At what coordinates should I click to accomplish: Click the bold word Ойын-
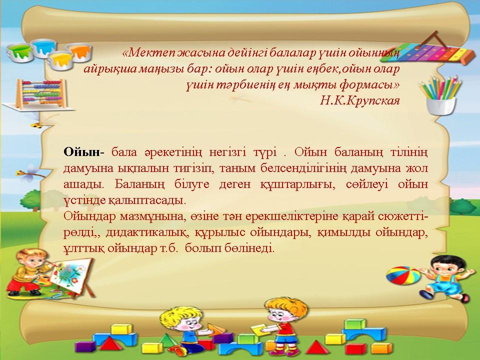coord(84,152)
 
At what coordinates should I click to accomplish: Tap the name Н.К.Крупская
coord(359,100)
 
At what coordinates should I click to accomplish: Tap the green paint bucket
coord(19,52)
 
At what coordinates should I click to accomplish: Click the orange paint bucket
coord(79,51)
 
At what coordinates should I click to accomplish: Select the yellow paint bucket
coord(61,60)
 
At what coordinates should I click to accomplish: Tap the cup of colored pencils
coord(441,95)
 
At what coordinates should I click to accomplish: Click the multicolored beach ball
coord(403,275)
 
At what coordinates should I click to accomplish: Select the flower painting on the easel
coord(70,274)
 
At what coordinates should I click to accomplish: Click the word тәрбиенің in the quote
coord(246,85)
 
